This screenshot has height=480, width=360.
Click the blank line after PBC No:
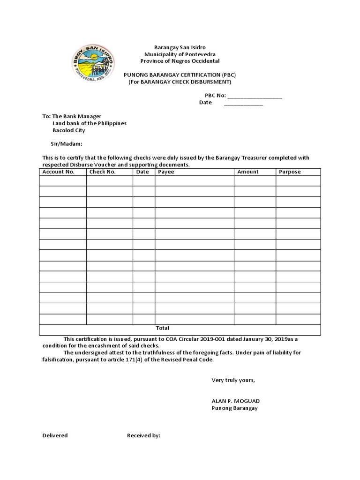coord(255,97)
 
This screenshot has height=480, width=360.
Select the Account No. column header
coord(59,172)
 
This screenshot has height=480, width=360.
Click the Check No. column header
coord(102,172)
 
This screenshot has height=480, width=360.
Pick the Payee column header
coord(166,172)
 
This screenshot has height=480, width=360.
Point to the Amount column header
coord(248,172)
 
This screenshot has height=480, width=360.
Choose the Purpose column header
coord(290,172)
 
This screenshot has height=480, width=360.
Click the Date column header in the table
coord(142,172)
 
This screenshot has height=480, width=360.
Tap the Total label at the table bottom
coord(162,328)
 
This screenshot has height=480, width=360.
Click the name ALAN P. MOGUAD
coord(235,401)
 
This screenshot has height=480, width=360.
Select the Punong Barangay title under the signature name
coord(234,408)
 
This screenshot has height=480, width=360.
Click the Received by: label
coord(143,435)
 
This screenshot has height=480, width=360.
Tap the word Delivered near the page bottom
coord(55,435)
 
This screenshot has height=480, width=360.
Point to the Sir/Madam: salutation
coord(67,144)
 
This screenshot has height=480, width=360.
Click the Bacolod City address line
coord(68,130)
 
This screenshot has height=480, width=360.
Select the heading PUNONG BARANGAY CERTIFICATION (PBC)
coord(180,75)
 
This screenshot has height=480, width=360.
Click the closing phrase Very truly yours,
coord(233,380)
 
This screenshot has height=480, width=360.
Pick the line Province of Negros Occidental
coord(180,61)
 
